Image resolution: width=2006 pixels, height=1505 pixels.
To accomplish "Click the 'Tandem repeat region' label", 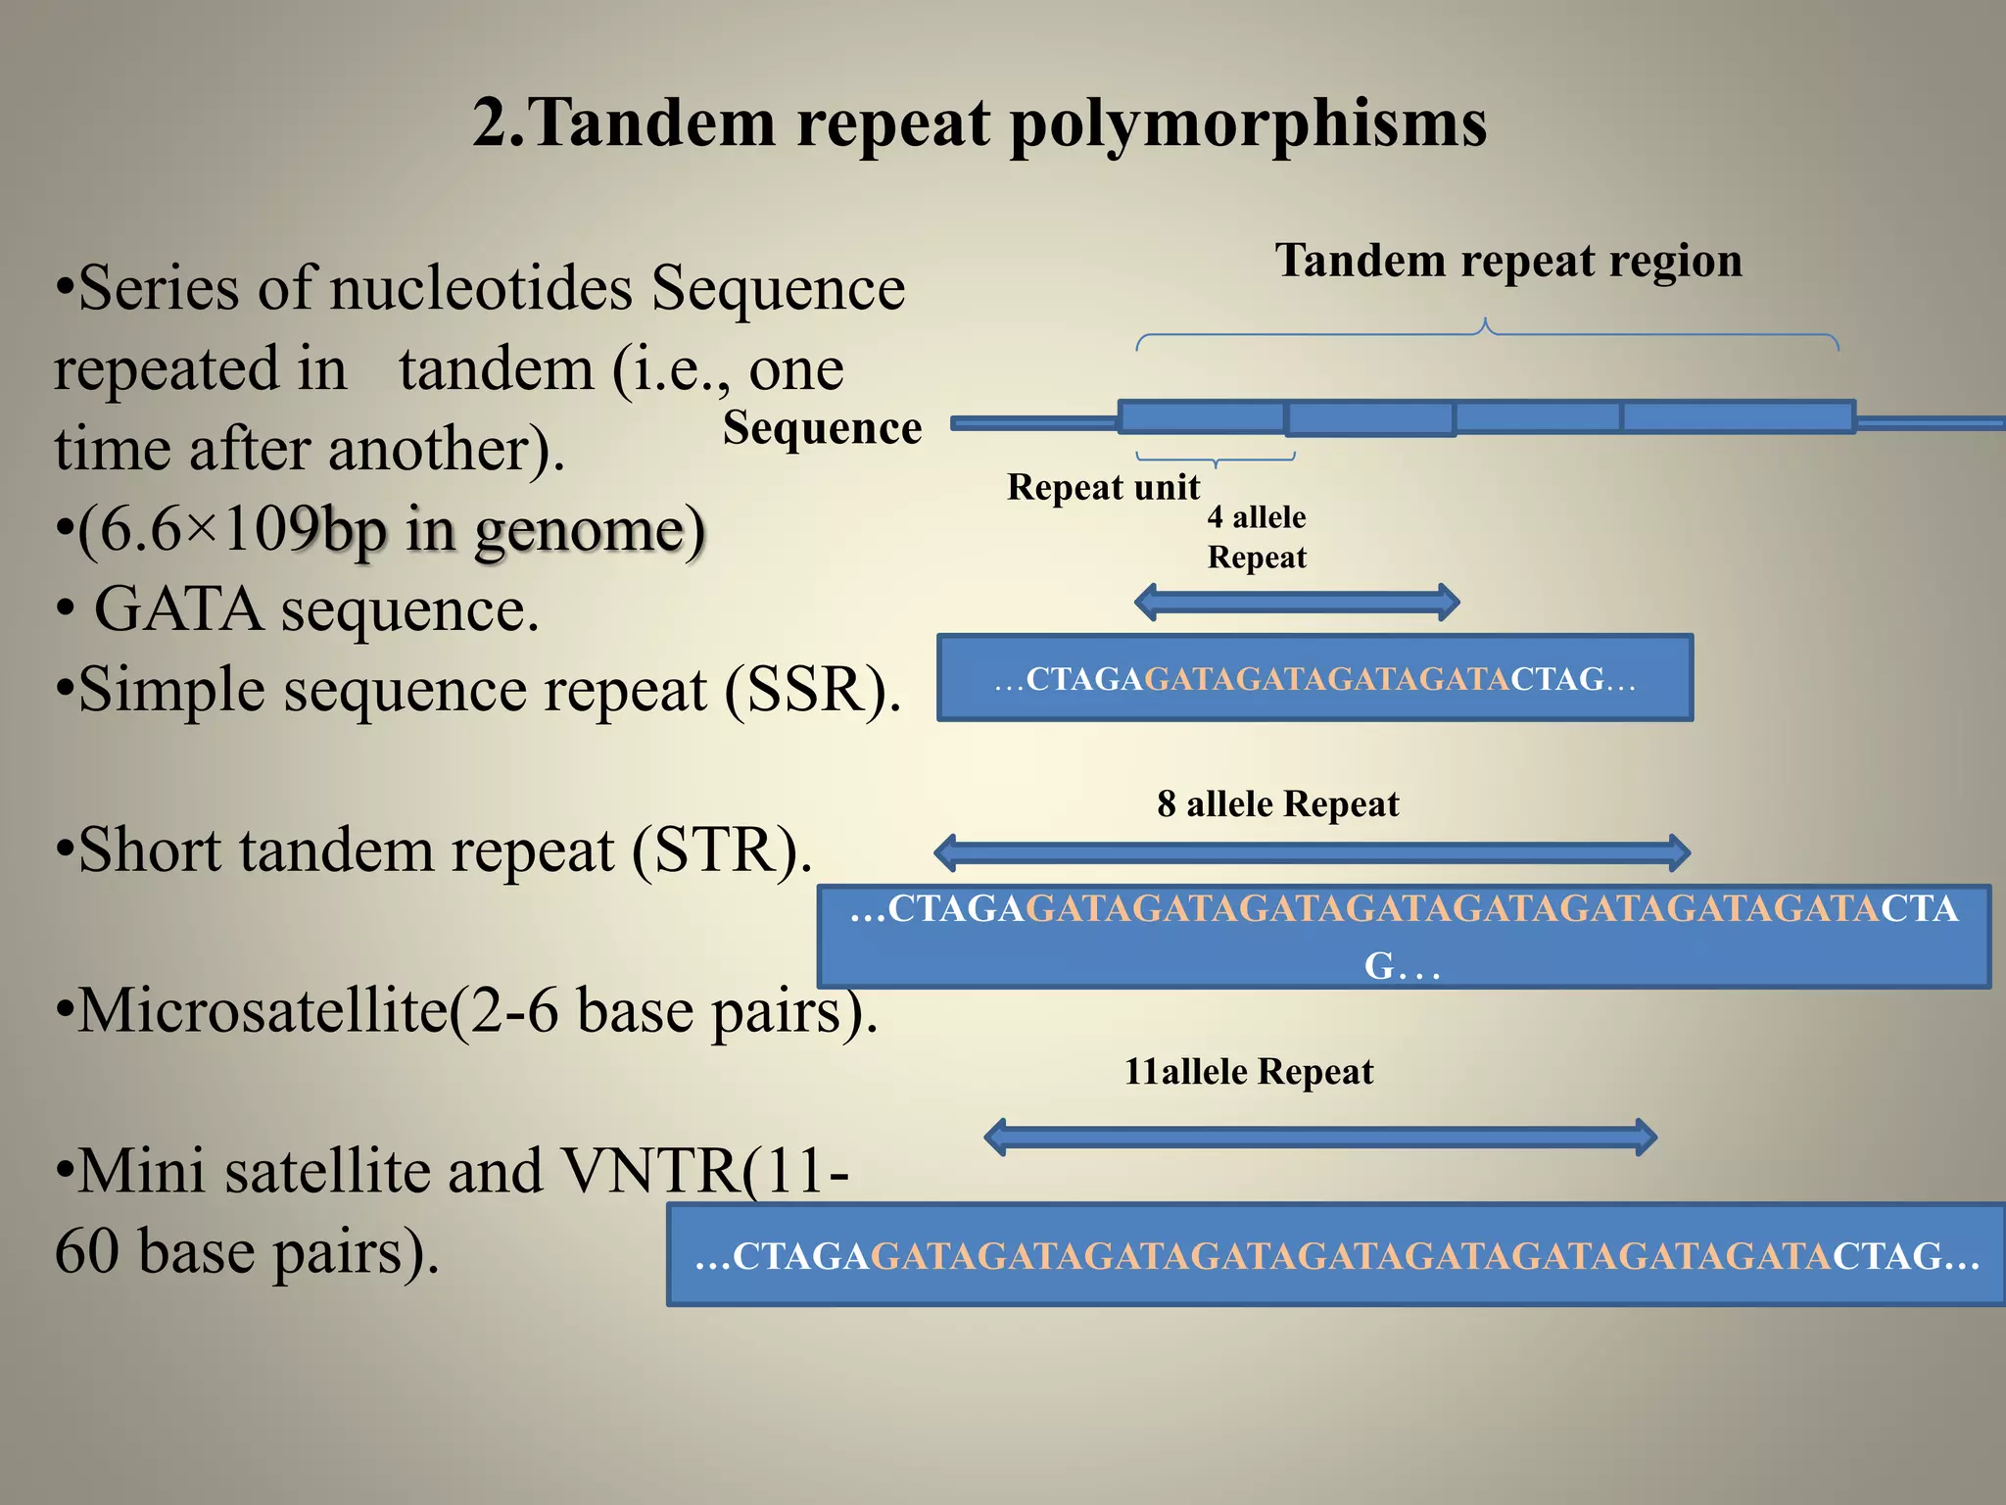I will (1508, 261).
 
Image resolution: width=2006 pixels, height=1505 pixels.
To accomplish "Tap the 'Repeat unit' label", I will (1103, 487).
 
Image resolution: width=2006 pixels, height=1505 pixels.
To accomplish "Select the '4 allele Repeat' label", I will (1257, 537).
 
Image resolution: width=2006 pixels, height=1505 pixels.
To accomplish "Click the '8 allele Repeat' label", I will (1277, 804).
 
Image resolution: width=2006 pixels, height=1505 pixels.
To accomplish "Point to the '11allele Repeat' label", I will (1248, 1072).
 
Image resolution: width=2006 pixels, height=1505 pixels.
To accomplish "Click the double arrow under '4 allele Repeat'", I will (1297, 602).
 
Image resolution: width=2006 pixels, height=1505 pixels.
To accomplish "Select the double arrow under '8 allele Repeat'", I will (1313, 852).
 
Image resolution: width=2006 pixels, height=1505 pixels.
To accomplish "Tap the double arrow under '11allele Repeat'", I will (1320, 1138).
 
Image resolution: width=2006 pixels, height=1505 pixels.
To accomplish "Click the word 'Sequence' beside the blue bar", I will (822, 428).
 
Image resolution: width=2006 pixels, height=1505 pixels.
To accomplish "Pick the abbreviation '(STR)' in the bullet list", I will (721, 850).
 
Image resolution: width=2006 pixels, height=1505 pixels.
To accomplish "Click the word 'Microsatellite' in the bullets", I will (262, 1010).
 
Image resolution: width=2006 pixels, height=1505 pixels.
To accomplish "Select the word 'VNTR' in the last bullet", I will (650, 1171).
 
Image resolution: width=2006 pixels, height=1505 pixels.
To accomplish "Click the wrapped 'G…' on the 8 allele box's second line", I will (1401, 966).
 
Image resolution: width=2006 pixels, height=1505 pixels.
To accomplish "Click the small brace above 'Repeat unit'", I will (1216, 458).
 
